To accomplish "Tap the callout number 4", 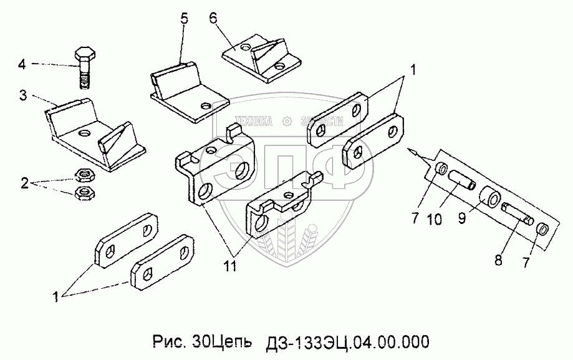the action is [x=21, y=64].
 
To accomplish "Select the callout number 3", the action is [x=22, y=95].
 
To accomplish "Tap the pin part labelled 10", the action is [x=462, y=180].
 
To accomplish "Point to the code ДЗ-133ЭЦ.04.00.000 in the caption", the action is [x=347, y=343].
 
